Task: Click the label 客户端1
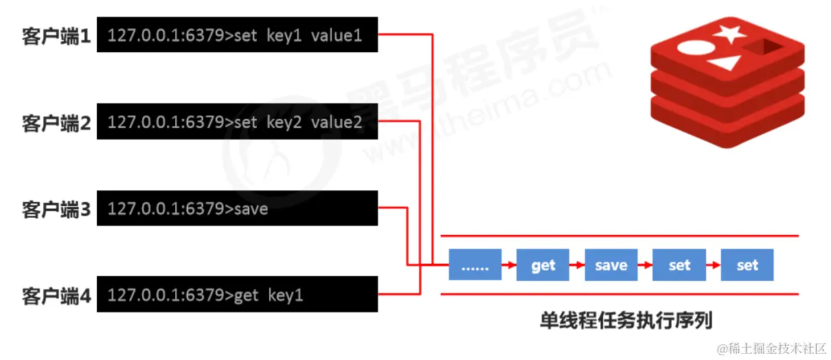click(x=56, y=36)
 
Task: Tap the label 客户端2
click(x=56, y=123)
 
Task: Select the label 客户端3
click(x=56, y=209)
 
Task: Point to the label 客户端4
click(x=56, y=296)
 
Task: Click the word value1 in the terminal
click(x=336, y=36)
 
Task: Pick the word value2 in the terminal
click(x=336, y=122)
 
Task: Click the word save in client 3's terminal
click(x=251, y=209)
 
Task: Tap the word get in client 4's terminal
click(x=247, y=295)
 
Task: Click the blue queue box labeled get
click(x=543, y=265)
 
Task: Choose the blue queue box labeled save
click(x=611, y=265)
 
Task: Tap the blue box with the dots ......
click(x=475, y=265)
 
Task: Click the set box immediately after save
click(x=679, y=265)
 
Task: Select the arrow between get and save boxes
click(x=577, y=265)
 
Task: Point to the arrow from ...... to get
click(x=510, y=265)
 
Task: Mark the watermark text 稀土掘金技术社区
click(x=775, y=348)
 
